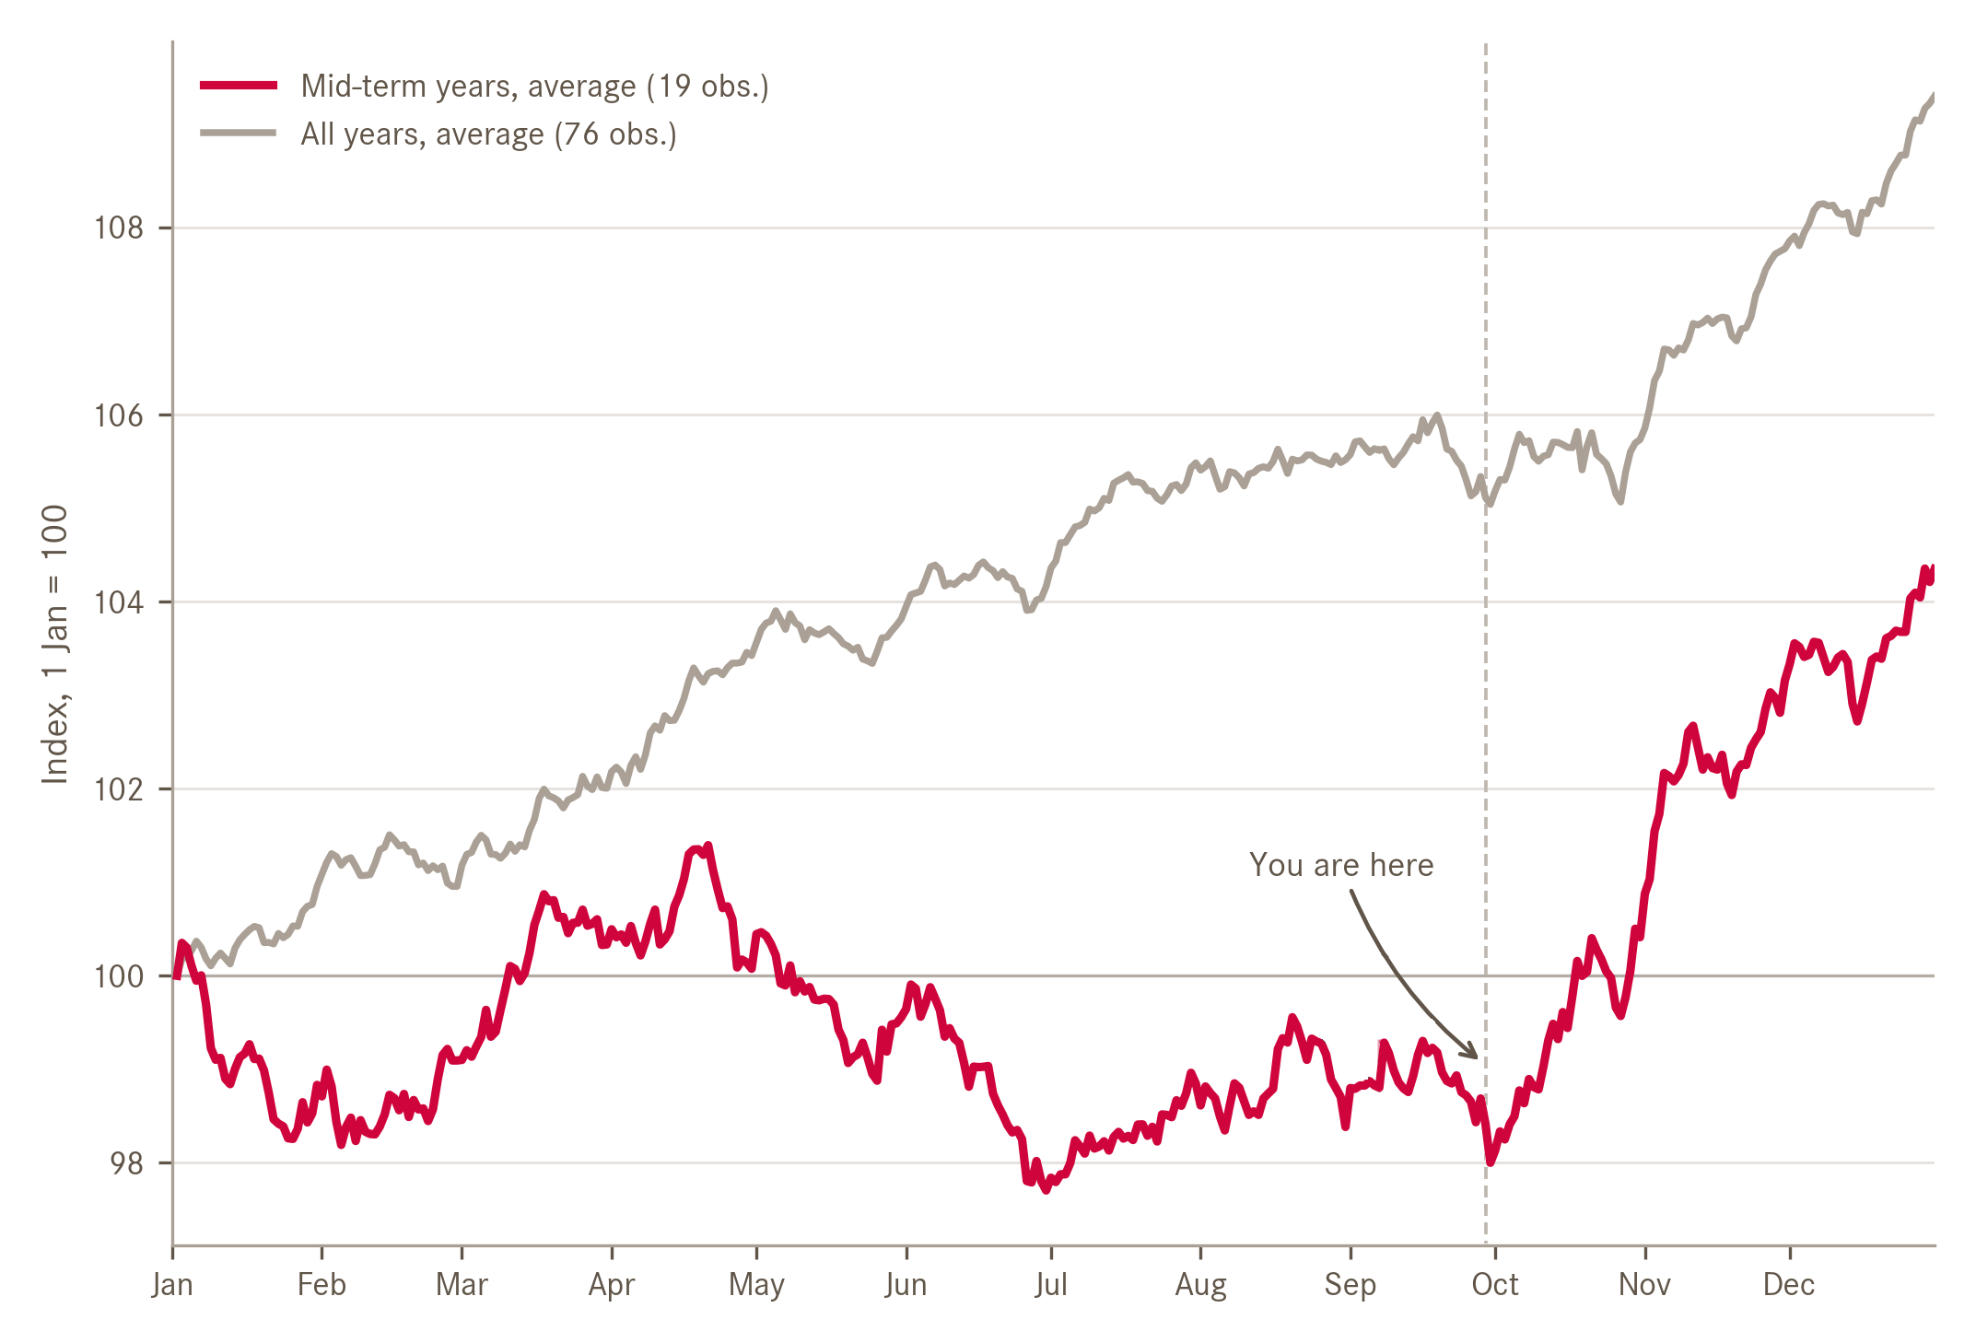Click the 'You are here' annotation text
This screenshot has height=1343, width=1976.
(x=1341, y=865)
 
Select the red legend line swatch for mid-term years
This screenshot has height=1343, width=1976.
(x=239, y=86)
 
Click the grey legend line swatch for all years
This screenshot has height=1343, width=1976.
(x=239, y=134)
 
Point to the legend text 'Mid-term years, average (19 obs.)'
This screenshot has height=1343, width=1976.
(x=534, y=86)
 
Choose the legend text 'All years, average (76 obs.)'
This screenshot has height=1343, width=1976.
(x=488, y=134)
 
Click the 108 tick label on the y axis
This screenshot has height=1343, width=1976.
(x=119, y=228)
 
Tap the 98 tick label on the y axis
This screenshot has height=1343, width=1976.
(x=127, y=1163)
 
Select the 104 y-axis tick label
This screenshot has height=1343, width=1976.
(x=119, y=602)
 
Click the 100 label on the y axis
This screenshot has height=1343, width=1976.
(x=119, y=976)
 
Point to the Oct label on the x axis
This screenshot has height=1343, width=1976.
(x=1495, y=1284)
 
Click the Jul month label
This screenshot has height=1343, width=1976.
(x=1051, y=1284)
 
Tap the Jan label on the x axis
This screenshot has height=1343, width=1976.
(x=172, y=1284)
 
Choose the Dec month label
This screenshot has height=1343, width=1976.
(x=1789, y=1284)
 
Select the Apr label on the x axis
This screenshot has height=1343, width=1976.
(x=612, y=1284)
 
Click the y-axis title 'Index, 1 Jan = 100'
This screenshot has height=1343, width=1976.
(x=55, y=645)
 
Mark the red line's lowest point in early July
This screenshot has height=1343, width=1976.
(x=1046, y=1190)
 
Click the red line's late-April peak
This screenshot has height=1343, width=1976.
(x=707, y=846)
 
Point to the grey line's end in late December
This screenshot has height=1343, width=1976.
(x=1933, y=96)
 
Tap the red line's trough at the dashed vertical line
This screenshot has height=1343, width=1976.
(x=1490, y=1162)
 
